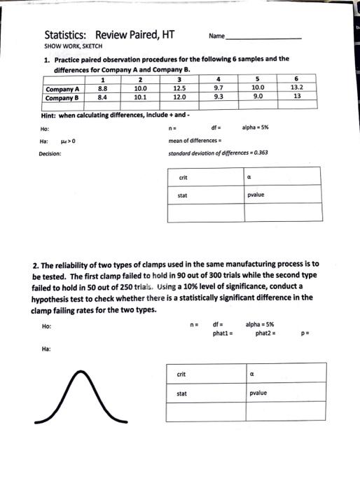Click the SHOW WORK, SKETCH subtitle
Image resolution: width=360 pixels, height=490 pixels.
[73, 45]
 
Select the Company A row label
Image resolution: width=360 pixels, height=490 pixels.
[62, 89]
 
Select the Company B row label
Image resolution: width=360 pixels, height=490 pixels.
[62, 97]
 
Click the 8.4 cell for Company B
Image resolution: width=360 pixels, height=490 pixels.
[102, 97]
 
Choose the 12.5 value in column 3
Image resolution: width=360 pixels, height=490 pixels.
[179, 89]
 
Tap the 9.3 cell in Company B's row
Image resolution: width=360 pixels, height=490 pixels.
[219, 97]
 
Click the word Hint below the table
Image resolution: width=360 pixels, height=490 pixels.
[51, 115]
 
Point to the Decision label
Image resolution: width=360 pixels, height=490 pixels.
[50, 152]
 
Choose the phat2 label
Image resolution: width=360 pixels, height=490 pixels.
[263, 332]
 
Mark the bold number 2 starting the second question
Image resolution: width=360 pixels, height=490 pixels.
[35, 265]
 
